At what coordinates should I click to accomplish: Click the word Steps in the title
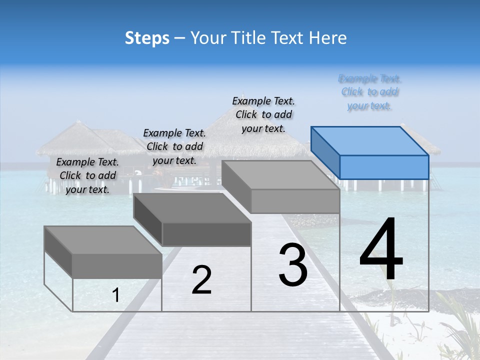click(147, 38)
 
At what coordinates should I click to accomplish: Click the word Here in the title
click(327, 38)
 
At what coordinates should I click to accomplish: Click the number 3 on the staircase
click(293, 265)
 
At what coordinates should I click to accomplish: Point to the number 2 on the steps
click(201, 280)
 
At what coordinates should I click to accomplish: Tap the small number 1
click(116, 295)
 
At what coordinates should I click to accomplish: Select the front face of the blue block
click(384, 167)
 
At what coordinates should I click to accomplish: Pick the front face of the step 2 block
click(206, 234)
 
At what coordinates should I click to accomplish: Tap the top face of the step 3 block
click(280, 175)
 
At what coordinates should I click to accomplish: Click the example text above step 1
click(87, 175)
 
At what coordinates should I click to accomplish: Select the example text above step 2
click(174, 146)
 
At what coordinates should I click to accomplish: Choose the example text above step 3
click(263, 114)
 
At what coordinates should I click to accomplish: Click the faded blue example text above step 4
click(369, 92)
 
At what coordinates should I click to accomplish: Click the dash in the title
click(180, 38)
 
